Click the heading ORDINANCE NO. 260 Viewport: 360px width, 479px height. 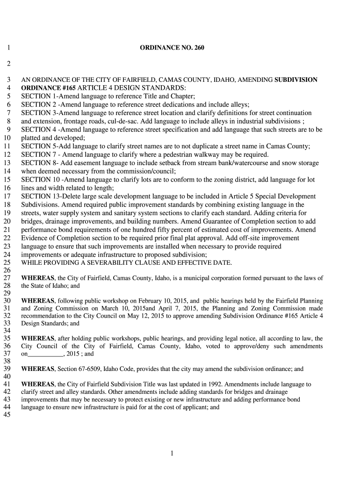coord(172,48)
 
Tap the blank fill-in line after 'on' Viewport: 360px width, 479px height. coord(46,354)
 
